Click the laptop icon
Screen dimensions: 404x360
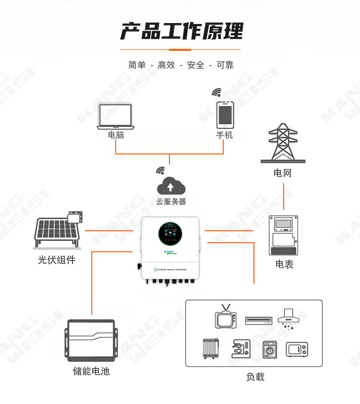point(116,117)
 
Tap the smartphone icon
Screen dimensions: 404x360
point(224,115)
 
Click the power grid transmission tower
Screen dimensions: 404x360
point(283,143)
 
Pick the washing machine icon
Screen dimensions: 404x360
point(270,349)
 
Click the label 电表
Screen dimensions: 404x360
point(284,264)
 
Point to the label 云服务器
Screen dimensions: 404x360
point(171,202)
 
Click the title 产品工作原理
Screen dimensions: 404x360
point(181,31)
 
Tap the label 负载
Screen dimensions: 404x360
point(255,377)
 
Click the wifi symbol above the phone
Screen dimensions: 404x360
point(217,92)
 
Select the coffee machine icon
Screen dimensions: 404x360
point(241,349)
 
